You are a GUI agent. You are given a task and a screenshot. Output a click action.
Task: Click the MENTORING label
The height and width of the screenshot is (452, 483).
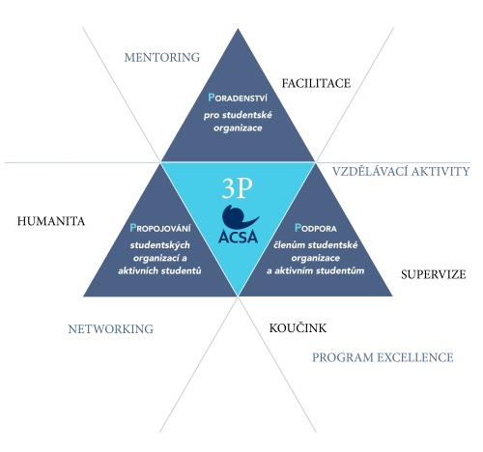(162, 58)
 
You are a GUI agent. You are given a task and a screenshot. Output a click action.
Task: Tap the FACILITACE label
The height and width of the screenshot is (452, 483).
(316, 84)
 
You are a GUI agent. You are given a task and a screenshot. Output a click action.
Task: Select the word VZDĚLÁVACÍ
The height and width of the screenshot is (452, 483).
(370, 171)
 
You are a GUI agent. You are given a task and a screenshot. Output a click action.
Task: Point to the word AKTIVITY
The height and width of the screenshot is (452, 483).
(440, 171)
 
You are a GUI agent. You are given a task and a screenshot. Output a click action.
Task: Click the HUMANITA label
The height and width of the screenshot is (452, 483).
(51, 221)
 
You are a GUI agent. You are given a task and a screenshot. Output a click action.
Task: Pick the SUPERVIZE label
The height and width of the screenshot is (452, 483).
(434, 274)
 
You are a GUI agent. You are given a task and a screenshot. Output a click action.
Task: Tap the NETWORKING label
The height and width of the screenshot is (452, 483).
(110, 329)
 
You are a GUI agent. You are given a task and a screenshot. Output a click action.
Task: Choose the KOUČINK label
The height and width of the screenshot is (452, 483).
(298, 327)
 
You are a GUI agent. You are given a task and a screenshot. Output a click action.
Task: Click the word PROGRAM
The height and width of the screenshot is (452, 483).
(342, 357)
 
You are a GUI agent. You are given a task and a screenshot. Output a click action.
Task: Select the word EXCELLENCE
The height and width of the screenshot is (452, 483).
(415, 357)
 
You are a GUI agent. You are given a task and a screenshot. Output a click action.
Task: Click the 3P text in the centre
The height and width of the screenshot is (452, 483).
(237, 188)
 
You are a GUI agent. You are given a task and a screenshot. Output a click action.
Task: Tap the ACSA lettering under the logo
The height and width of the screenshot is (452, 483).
(239, 237)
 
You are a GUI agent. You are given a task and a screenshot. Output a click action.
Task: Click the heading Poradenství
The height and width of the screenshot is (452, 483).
(238, 98)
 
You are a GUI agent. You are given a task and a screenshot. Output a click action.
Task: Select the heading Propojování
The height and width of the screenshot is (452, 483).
(160, 228)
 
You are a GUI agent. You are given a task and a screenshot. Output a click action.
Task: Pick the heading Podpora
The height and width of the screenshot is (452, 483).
(316, 228)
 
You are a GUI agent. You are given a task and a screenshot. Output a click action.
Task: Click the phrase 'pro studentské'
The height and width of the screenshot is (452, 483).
(238, 115)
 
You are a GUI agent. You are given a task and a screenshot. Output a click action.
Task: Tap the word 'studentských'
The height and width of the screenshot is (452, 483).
(160, 245)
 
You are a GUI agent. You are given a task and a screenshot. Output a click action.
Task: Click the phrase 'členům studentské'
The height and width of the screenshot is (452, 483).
(316, 245)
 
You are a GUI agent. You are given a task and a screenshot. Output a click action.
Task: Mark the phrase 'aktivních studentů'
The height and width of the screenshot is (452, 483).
(159, 270)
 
